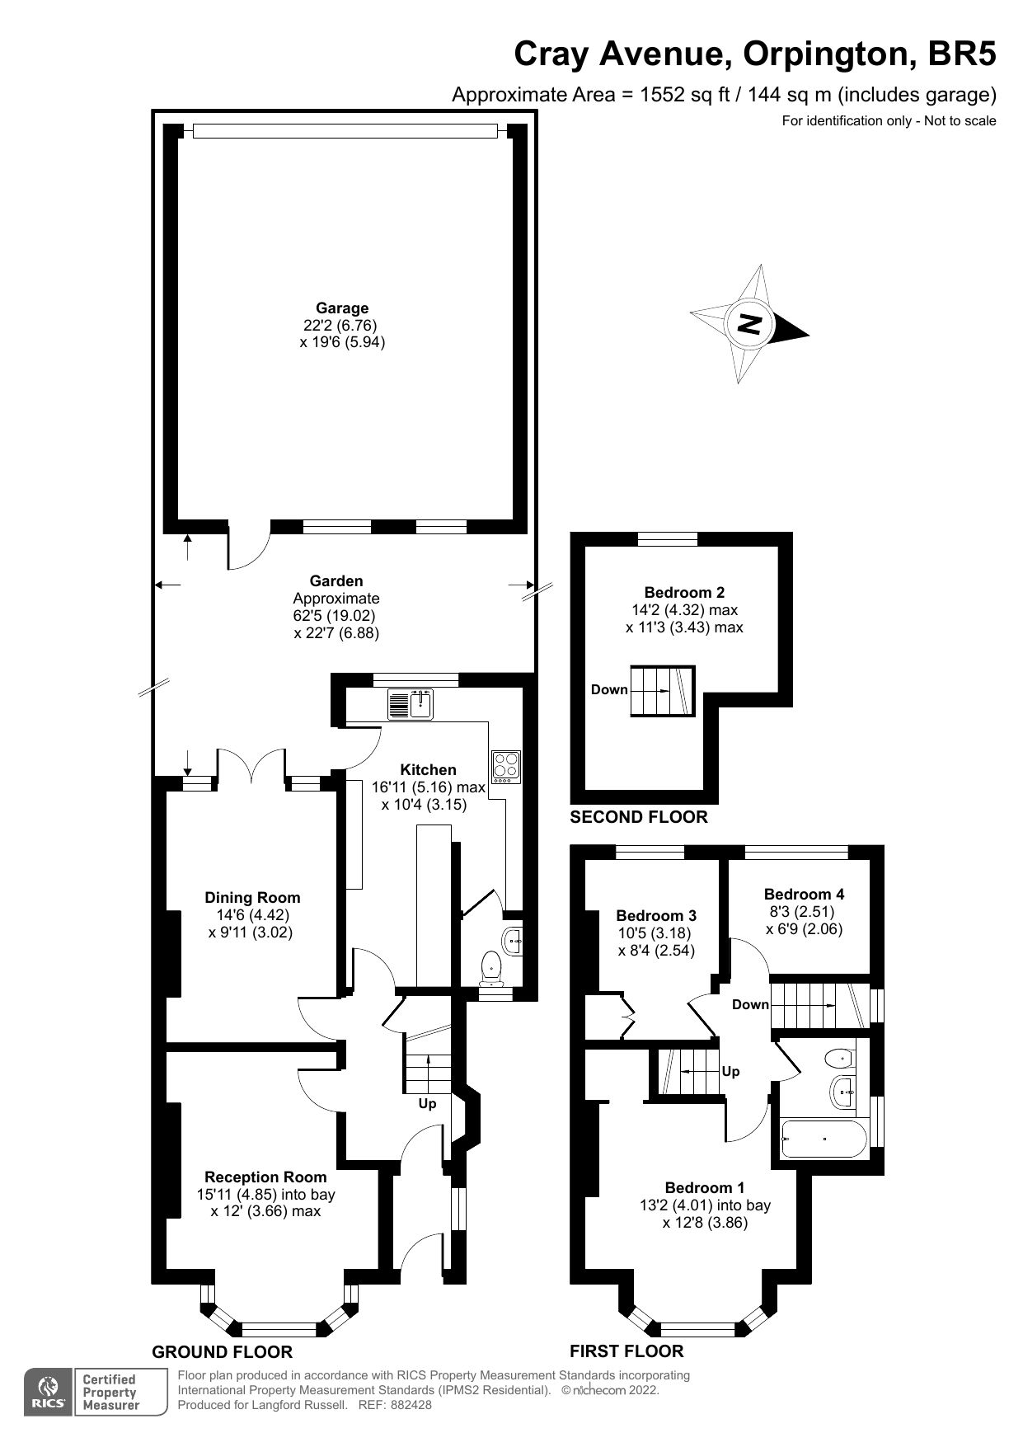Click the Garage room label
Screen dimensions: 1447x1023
click(342, 308)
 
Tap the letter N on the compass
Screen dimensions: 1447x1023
click(749, 324)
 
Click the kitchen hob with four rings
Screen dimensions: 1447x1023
click(504, 767)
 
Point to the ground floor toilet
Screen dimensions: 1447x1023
click(491, 967)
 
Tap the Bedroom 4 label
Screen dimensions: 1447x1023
click(804, 894)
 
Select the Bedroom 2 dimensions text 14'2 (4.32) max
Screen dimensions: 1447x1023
click(683, 610)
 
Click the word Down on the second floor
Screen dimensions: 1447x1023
click(609, 689)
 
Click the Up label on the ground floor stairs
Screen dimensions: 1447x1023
click(427, 1103)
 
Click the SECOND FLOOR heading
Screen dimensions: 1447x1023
click(639, 817)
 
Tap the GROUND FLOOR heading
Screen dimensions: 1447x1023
click(222, 1352)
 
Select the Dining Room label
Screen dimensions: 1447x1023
click(252, 898)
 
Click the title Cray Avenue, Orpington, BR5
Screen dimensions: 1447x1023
click(754, 54)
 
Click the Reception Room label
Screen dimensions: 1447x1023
click(265, 1177)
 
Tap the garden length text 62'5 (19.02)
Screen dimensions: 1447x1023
click(336, 616)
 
